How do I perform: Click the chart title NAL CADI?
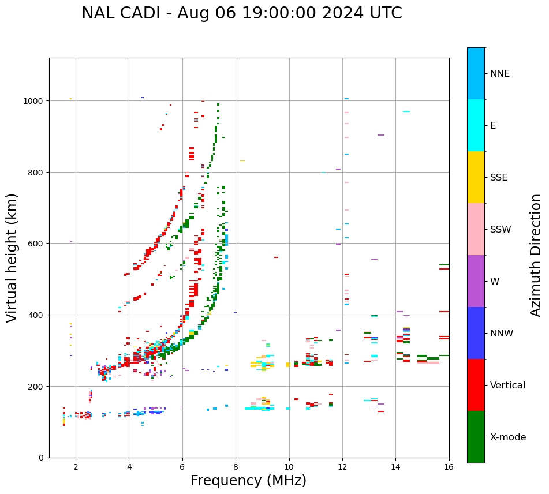(241, 13)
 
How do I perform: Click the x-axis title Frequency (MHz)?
(248, 481)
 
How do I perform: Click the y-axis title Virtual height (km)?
(12, 257)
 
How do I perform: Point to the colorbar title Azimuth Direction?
(536, 255)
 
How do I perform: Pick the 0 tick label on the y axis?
(40, 458)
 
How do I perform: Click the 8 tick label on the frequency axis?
(236, 467)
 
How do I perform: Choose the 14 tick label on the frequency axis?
(395, 467)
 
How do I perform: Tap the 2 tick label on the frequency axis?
(76, 467)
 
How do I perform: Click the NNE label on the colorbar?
(500, 73)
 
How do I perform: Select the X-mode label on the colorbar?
(508, 437)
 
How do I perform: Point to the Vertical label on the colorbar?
(508, 385)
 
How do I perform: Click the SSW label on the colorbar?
(501, 229)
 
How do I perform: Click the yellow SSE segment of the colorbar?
(476, 177)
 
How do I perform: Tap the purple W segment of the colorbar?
(476, 281)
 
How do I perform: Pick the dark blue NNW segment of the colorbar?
(476, 333)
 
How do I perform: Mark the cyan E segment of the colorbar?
(476, 125)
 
